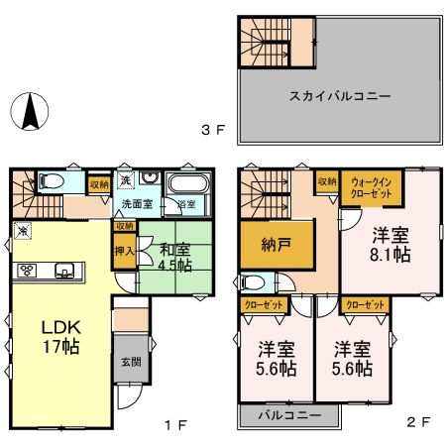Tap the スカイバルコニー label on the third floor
tap(340, 97)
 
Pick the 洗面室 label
tap(137, 204)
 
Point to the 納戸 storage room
tap(266, 244)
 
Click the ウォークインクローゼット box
tap(369, 188)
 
